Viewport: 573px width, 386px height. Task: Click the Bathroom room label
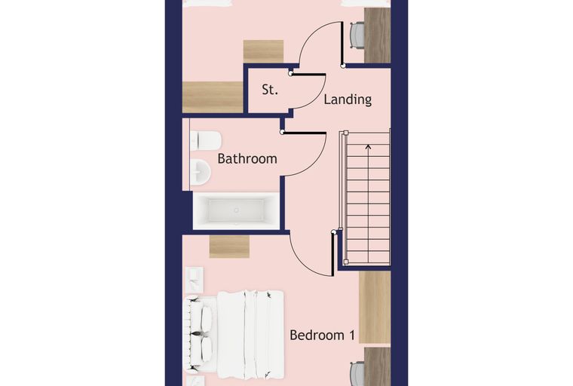tap(247, 158)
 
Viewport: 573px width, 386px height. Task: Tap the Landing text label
tap(348, 100)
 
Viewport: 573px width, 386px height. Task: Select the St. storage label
tap(270, 90)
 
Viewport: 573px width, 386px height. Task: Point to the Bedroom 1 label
tap(322, 335)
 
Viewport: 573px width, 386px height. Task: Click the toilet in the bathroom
tap(205, 141)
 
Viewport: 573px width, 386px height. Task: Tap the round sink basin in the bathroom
tap(200, 171)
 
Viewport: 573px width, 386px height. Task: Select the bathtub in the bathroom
tap(236, 211)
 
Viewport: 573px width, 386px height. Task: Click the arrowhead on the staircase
tap(368, 147)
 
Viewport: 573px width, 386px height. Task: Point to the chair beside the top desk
tap(357, 35)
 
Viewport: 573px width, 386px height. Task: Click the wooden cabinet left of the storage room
tap(213, 97)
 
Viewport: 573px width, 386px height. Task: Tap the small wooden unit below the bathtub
tap(229, 247)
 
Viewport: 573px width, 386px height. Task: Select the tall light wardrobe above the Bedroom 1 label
tap(375, 307)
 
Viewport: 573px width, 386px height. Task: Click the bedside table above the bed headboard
tap(195, 280)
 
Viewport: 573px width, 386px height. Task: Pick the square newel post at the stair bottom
tap(346, 262)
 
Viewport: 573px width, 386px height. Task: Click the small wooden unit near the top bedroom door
tap(263, 51)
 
